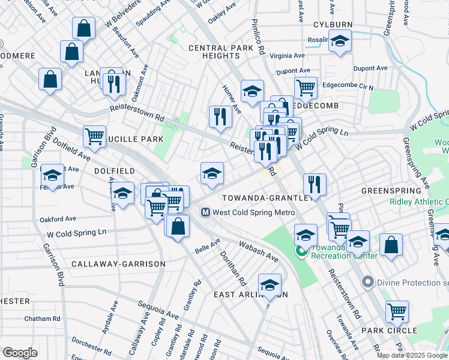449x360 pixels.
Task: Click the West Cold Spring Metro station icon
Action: [205, 212]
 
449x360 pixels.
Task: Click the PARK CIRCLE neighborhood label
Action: [389, 331]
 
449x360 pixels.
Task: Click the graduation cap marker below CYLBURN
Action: [340, 41]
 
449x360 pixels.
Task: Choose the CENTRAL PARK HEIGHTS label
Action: [214, 52]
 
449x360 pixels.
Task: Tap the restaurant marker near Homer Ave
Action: [220, 116]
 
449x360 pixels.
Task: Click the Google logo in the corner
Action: [20, 353]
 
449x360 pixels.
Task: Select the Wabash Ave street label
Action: [258, 251]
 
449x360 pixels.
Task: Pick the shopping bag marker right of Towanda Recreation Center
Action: [391, 245]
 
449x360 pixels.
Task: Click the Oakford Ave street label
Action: [58, 219]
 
